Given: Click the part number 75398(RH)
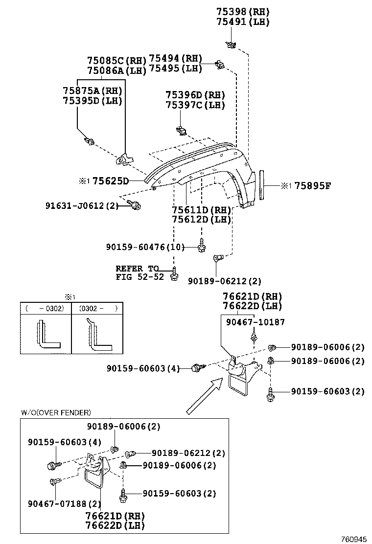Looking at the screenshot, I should pos(243,12).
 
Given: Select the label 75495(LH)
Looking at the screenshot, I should pos(175,68).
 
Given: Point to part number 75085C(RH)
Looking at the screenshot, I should pos(116,61).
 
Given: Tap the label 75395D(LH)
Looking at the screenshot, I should pos(92,101).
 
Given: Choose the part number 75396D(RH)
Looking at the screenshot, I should pos(195,95).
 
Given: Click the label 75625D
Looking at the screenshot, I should pos(110,181).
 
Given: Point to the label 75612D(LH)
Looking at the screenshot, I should pos(201,220).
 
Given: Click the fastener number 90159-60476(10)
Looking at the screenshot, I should pos(145,248).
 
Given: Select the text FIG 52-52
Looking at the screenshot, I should pos(139,277).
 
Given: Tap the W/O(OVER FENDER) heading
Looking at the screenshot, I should pos(56,413).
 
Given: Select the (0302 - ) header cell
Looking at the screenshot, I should pos(97,309).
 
